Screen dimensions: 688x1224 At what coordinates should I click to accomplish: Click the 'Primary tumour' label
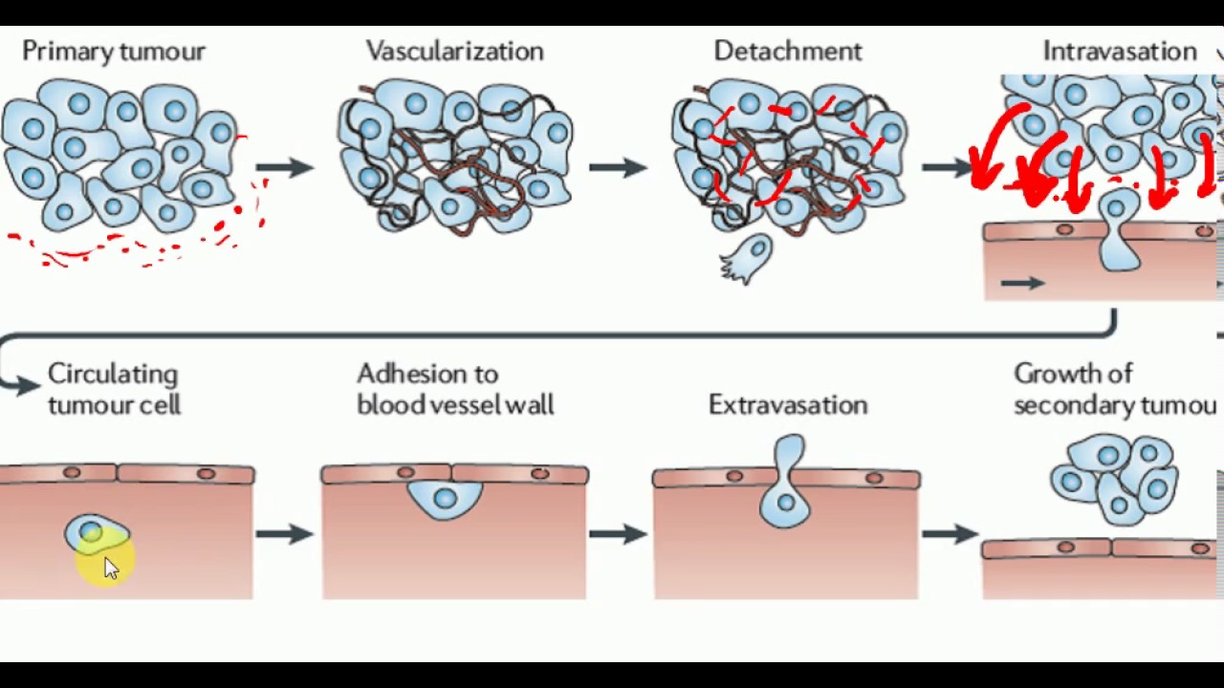tap(113, 52)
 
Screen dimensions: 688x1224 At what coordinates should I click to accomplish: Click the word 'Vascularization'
tap(454, 52)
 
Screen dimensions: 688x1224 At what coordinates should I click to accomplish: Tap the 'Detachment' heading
tap(787, 52)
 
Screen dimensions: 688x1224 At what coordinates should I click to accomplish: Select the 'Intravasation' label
tap(1119, 52)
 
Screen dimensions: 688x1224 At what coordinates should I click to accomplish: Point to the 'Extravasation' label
tap(787, 405)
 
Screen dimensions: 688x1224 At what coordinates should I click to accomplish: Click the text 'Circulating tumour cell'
tap(114, 389)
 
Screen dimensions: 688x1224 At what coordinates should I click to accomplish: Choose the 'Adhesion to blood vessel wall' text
tap(454, 389)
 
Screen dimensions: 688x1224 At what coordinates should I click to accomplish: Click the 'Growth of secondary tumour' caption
tap(1114, 389)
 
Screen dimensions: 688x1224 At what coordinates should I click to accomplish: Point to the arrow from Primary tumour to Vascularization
tap(284, 167)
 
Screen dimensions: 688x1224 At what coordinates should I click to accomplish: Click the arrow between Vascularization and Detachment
tap(617, 167)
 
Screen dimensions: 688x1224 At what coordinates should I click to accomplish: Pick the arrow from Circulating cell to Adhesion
tap(284, 533)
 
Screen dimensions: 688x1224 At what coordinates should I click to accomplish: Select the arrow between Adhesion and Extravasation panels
tap(617, 533)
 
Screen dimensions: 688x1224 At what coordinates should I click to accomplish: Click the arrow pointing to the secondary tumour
tap(950, 533)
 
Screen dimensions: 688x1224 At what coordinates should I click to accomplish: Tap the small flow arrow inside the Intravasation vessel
tap(1022, 283)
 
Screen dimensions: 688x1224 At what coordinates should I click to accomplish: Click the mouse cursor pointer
tap(110, 568)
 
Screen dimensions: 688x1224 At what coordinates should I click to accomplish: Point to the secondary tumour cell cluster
tap(1114, 479)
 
